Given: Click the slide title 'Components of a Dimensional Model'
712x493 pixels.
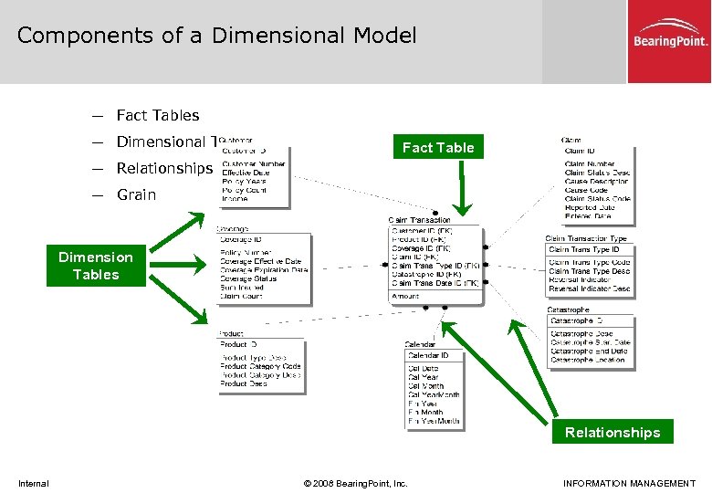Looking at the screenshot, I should pos(216,36).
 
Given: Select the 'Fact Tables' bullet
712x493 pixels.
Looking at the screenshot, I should pos(157,115).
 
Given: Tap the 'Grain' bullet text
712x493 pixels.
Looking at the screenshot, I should pos(136,194).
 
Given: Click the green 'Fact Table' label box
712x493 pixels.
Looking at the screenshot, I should pos(438,147).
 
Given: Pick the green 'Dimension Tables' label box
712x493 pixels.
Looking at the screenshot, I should pos(96,266).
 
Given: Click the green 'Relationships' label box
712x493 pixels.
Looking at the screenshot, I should pos(612,432).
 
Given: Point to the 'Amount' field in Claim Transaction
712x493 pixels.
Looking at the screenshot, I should pos(405,296).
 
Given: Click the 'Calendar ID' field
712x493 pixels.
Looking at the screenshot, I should pos(428,355).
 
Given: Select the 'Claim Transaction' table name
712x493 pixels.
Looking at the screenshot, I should pos(420,220).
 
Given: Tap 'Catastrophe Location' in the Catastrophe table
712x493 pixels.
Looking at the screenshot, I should pos(588,360).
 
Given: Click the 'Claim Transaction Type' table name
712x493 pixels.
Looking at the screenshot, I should pos(586,238).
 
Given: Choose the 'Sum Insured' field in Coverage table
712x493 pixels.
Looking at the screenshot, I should pos(242,288).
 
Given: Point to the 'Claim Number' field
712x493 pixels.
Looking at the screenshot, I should pos(590,163).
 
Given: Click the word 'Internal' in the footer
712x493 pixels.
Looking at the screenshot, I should pos(34,483).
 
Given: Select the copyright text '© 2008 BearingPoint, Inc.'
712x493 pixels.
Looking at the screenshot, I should pos(356,483).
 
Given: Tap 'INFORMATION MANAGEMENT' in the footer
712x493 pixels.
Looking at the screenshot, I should pos(629,483).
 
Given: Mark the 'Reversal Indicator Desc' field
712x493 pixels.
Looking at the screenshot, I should pos(590,288).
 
